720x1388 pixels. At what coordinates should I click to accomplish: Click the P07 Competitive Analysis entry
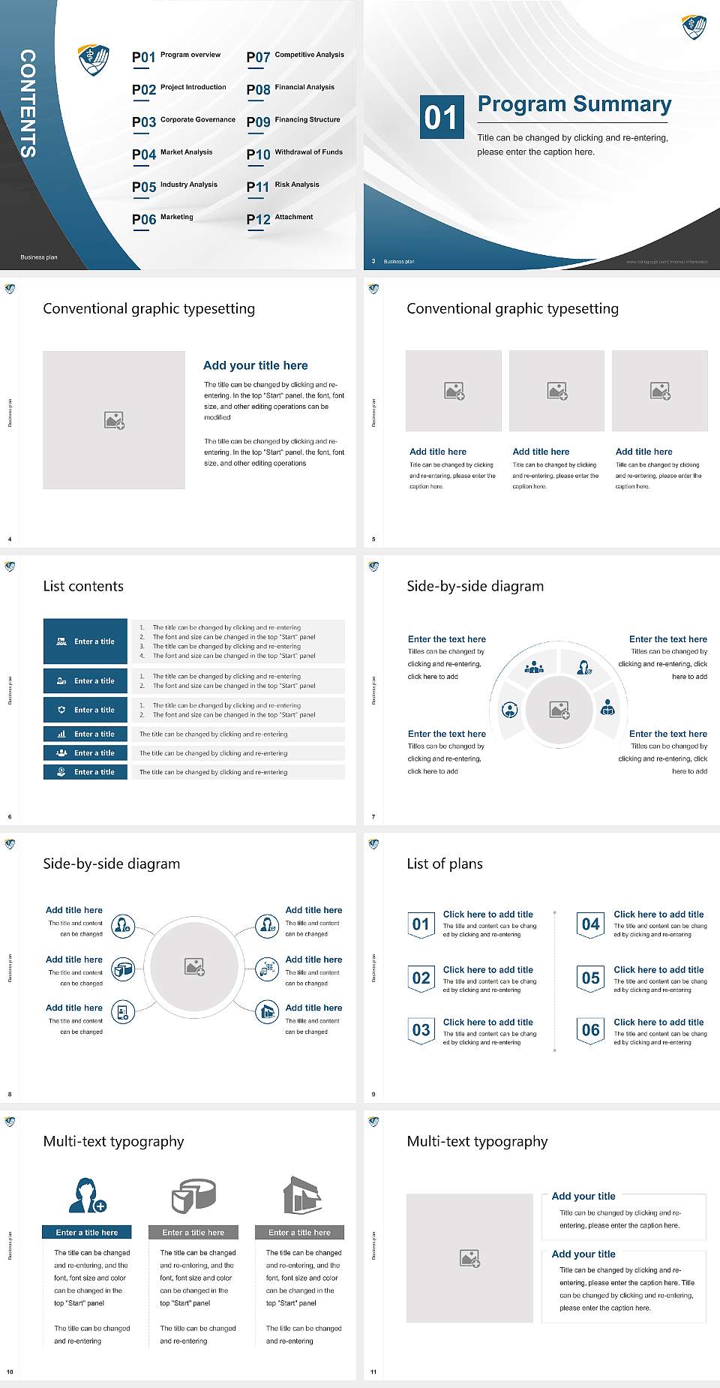295,56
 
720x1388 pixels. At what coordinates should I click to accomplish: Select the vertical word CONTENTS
28,104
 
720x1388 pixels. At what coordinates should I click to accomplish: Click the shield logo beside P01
94,59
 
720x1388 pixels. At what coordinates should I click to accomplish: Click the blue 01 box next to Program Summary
440,117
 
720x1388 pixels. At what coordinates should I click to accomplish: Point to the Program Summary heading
574,104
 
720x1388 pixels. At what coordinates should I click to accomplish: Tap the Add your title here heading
255,365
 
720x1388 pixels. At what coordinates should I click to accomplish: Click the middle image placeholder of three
556,391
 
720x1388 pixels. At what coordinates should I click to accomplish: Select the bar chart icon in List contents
61,735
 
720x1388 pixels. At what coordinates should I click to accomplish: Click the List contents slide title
83,586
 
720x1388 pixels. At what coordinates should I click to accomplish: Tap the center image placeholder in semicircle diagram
559,710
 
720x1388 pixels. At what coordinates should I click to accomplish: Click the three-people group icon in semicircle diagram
534,666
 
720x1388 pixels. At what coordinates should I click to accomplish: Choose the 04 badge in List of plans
591,924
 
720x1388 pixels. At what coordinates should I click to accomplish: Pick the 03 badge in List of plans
421,1030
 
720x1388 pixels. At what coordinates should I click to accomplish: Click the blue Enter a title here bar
87,1232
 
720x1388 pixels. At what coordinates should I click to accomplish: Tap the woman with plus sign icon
87,1195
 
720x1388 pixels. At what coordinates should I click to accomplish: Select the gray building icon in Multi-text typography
302,1195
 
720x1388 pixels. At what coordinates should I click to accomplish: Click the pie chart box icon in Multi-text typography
193,1195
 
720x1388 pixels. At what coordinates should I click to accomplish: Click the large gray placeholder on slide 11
469,1258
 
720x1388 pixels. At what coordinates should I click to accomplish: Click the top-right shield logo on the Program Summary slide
694,27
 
